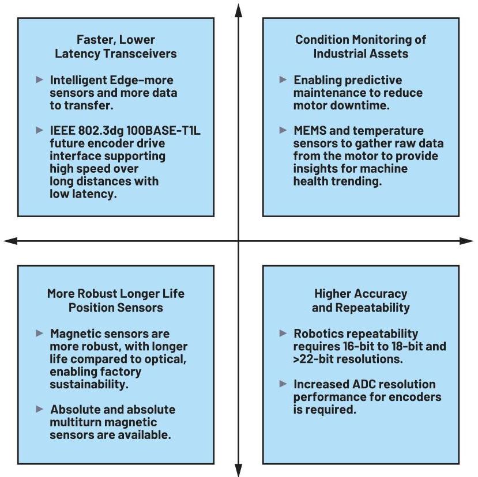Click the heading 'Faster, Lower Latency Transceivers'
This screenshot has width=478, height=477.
coord(115,47)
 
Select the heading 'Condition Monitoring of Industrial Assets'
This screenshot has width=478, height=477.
coord(360,47)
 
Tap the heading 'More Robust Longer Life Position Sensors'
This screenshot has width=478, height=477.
coord(115,300)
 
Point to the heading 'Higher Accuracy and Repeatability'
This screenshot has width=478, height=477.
coord(360,300)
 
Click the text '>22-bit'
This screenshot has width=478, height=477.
coord(314,359)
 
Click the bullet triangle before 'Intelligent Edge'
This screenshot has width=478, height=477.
coord(39,79)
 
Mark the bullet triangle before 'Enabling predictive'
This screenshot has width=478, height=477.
coord(283,79)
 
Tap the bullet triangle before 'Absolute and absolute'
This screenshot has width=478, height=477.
coord(39,409)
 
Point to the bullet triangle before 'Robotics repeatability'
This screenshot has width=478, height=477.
coord(283,333)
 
